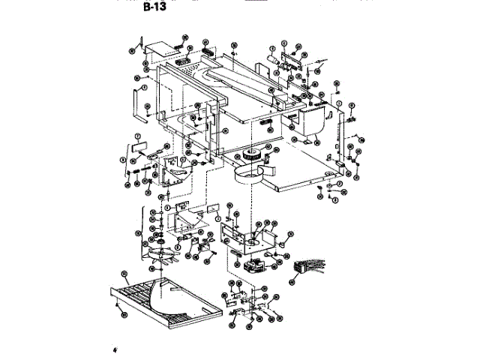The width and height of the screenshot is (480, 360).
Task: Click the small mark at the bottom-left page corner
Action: (116, 349)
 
